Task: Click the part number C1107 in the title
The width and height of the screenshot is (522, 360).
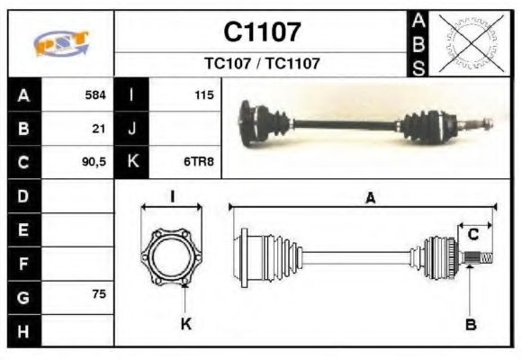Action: (262, 31)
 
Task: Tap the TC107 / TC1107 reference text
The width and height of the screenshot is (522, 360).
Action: (262, 64)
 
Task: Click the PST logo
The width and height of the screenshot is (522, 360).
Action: (61, 42)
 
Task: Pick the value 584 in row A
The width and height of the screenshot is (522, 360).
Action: (95, 94)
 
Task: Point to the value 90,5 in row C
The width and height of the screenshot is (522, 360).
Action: (94, 163)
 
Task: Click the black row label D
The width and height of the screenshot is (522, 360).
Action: (24, 195)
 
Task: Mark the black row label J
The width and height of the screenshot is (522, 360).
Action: (132, 129)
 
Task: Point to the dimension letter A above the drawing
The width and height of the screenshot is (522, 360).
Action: (370, 199)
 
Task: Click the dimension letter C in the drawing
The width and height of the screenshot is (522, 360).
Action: (472, 236)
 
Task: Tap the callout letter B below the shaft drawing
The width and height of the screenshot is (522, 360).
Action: (471, 325)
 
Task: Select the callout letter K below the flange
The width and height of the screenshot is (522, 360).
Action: (186, 323)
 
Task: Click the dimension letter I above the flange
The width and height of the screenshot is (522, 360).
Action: (171, 196)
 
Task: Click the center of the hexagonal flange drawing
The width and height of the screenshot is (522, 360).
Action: (171, 256)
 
